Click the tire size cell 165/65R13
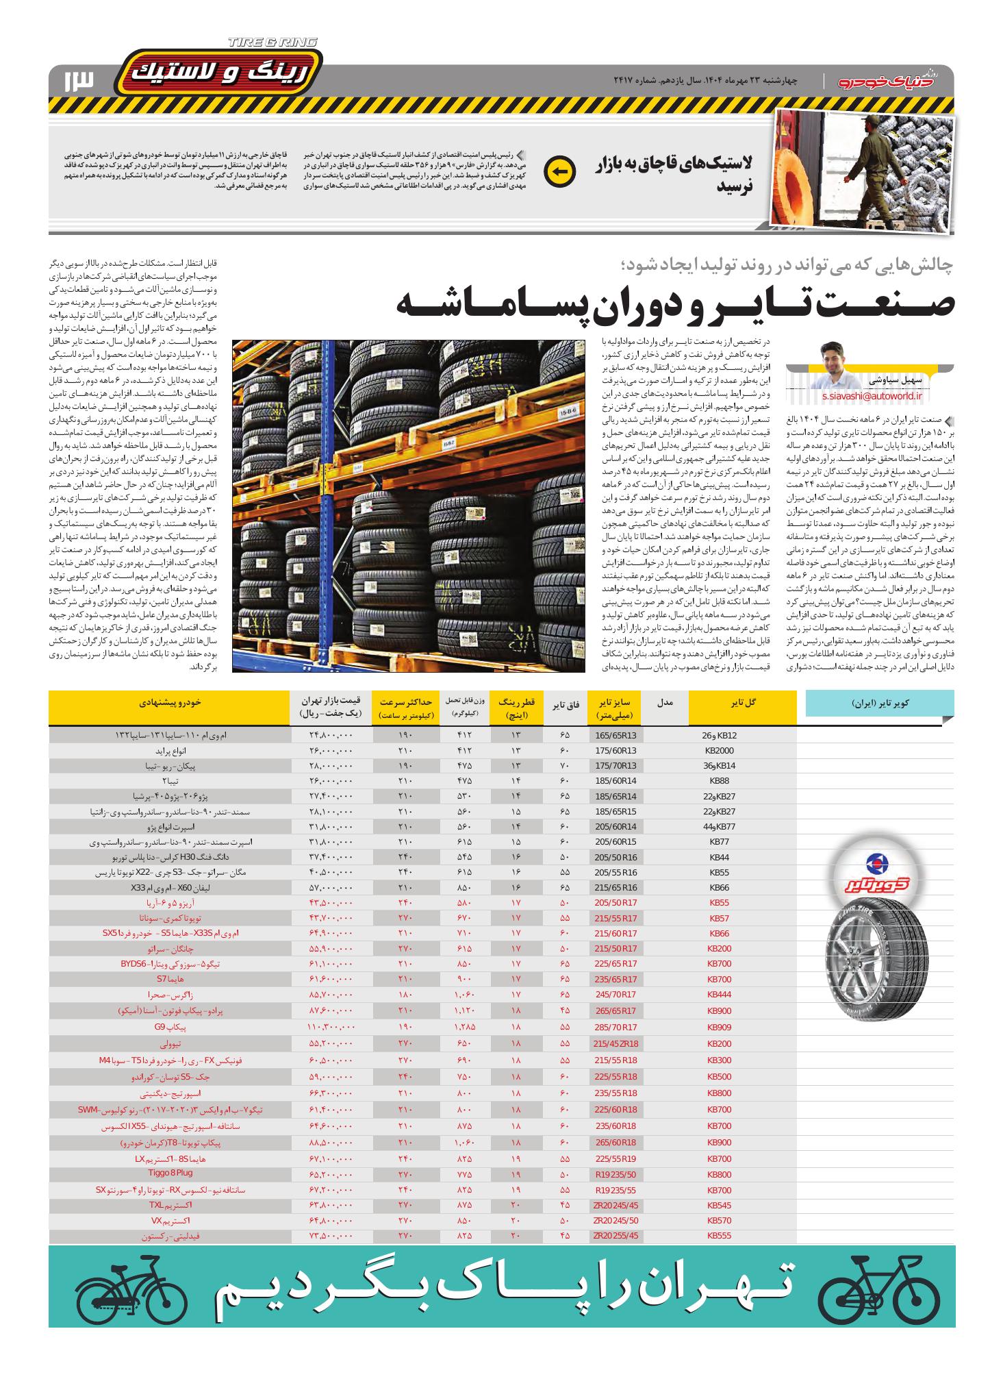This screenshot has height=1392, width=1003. (x=615, y=735)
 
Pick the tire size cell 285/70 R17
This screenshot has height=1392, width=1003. (x=615, y=1027)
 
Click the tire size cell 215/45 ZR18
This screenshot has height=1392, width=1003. (x=615, y=1043)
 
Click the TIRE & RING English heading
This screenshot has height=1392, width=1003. (x=272, y=42)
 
